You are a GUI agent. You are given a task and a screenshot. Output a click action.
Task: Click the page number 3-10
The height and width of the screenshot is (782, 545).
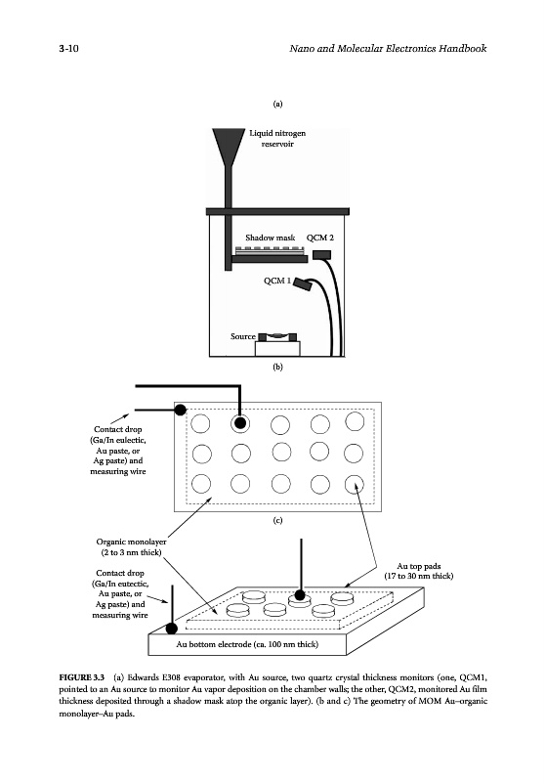click(x=68, y=48)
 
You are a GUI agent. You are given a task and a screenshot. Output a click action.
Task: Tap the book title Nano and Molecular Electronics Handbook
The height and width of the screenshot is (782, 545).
click(x=388, y=48)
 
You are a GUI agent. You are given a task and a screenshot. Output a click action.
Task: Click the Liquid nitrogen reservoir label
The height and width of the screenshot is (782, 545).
click(x=277, y=138)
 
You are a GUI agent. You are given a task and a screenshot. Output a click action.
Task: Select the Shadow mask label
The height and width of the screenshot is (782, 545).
click(x=270, y=238)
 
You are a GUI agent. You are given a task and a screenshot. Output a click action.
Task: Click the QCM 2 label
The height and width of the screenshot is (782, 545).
click(x=319, y=238)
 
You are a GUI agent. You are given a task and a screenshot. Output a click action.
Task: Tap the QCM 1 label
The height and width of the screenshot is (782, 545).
click(x=277, y=281)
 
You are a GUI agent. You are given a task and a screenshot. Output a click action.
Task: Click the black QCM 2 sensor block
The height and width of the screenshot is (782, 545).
click(x=321, y=255)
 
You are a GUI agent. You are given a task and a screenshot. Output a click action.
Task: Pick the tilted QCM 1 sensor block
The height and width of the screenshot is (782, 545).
click(x=302, y=284)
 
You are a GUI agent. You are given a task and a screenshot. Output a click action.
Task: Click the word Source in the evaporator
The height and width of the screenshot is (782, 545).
click(x=242, y=336)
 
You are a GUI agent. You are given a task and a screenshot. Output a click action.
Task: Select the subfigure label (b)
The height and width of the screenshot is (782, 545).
click(x=277, y=367)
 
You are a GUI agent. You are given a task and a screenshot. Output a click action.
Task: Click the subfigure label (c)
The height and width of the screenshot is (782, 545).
click(x=277, y=520)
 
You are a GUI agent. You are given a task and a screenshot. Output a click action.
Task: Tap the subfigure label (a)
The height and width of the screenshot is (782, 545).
click(x=277, y=104)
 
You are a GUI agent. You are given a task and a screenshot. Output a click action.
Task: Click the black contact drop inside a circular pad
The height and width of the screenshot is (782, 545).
click(x=240, y=423)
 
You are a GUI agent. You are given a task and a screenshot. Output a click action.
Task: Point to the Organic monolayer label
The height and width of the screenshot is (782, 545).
click(x=131, y=546)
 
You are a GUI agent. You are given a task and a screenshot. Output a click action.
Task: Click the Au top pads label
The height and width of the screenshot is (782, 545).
click(x=418, y=571)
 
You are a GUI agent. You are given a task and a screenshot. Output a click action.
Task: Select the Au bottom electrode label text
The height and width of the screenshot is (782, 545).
click(x=247, y=644)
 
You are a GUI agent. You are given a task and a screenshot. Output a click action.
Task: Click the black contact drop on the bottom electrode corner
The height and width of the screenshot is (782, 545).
click(x=171, y=628)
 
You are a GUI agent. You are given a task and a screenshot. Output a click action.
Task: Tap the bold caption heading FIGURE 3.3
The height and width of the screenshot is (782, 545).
click(x=82, y=677)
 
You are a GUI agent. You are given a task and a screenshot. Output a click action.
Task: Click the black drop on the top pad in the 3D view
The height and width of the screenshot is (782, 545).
click(x=300, y=594)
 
